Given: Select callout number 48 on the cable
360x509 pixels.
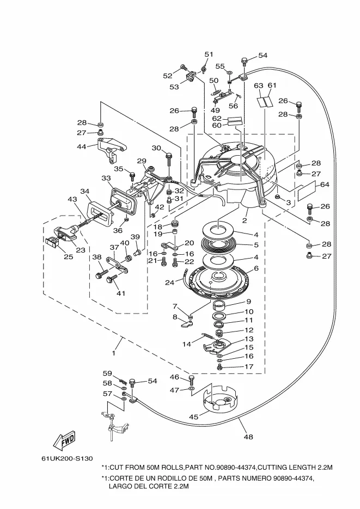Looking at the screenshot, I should point(248,436).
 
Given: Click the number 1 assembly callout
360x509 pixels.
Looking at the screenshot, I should point(114,353).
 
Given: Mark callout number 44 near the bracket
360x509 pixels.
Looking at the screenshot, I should point(82,146).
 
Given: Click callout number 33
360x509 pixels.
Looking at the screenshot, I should point(106,178).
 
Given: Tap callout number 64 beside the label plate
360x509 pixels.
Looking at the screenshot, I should point(325,185).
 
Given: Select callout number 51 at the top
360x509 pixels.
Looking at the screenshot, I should point(209,54).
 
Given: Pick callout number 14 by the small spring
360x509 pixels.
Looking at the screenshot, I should point(187,344).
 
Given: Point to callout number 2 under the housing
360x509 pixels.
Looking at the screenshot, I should point(245,220).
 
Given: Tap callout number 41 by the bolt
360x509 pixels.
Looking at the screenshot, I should point(120,293).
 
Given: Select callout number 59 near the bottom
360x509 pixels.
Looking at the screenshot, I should point(107,373).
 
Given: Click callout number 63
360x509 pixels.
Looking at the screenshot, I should point(258,85).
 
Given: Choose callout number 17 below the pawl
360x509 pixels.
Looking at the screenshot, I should point(248,366).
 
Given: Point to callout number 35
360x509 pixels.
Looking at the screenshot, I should point(118,169).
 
